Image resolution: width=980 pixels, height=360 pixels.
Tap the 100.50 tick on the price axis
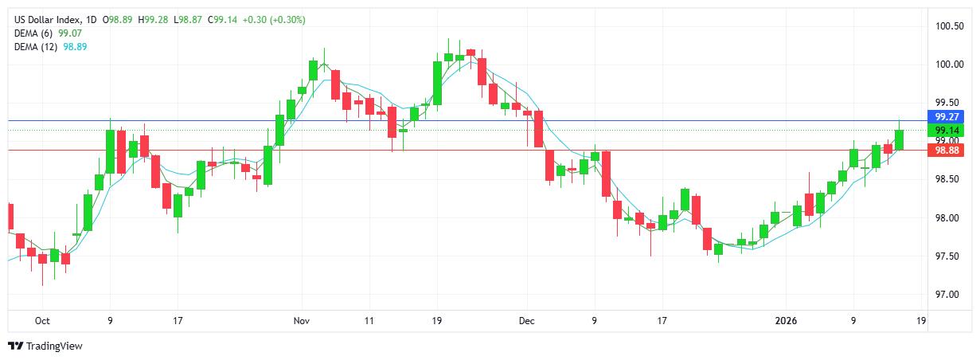[x=949, y=26]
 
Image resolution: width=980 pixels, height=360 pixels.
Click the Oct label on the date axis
[x=42, y=321]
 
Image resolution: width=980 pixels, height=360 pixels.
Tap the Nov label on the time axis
[x=301, y=321]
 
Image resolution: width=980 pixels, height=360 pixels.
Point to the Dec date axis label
[x=526, y=321]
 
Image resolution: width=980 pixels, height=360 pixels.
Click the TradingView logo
[x=46, y=346]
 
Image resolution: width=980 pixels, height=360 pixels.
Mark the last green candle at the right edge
[x=899, y=139]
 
